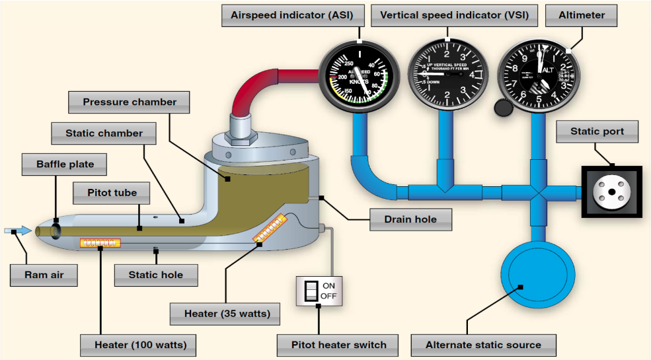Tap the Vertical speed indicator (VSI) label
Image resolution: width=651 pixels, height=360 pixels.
455,15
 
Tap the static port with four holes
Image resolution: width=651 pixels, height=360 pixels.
612,192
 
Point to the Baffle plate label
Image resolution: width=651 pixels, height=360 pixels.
56,163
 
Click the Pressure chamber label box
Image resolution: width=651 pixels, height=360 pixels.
130,102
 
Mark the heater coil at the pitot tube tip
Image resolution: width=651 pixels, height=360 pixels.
100,243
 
